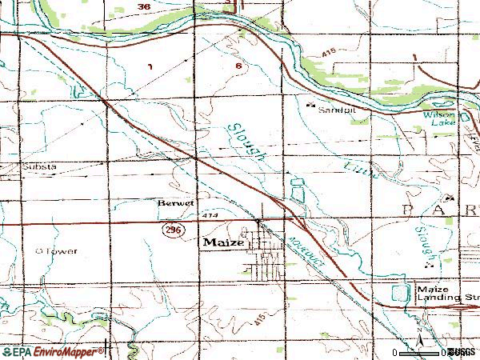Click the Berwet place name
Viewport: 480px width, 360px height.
point(175,203)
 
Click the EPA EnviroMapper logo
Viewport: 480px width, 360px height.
point(52,351)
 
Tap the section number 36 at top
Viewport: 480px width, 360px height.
point(143,7)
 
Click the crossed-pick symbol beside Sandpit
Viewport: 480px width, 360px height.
point(311,102)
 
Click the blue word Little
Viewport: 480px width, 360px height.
point(355,169)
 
